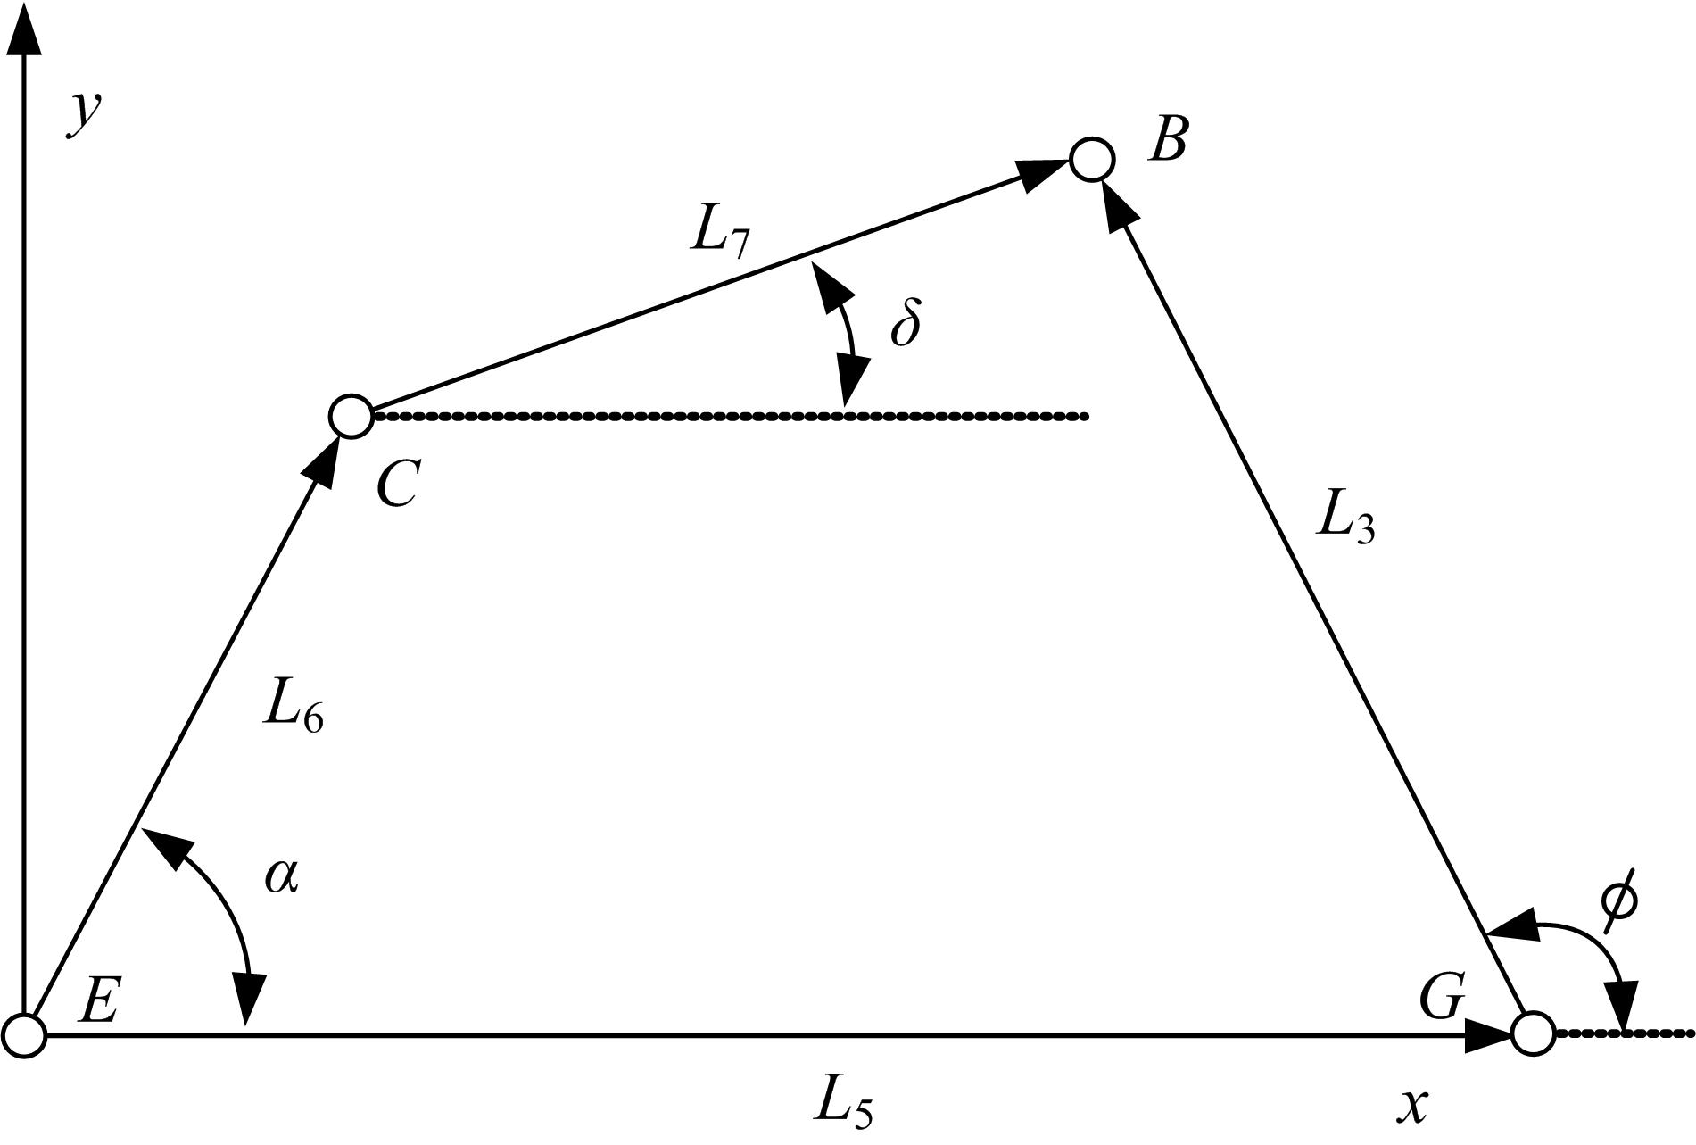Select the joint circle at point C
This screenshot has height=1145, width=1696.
(351, 416)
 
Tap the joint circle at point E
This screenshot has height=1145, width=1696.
(23, 1036)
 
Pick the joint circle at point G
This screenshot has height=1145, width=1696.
(1534, 1034)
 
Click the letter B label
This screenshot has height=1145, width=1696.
(1168, 141)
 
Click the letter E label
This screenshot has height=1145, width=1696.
(98, 1000)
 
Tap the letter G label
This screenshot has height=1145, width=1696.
(1442, 997)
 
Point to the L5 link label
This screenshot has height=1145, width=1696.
(842, 1104)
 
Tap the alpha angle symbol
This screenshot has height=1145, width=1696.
(282, 876)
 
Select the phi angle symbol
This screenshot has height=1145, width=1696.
(1618, 902)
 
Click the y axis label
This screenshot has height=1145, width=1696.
(83, 114)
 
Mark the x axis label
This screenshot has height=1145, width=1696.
(1412, 1108)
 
